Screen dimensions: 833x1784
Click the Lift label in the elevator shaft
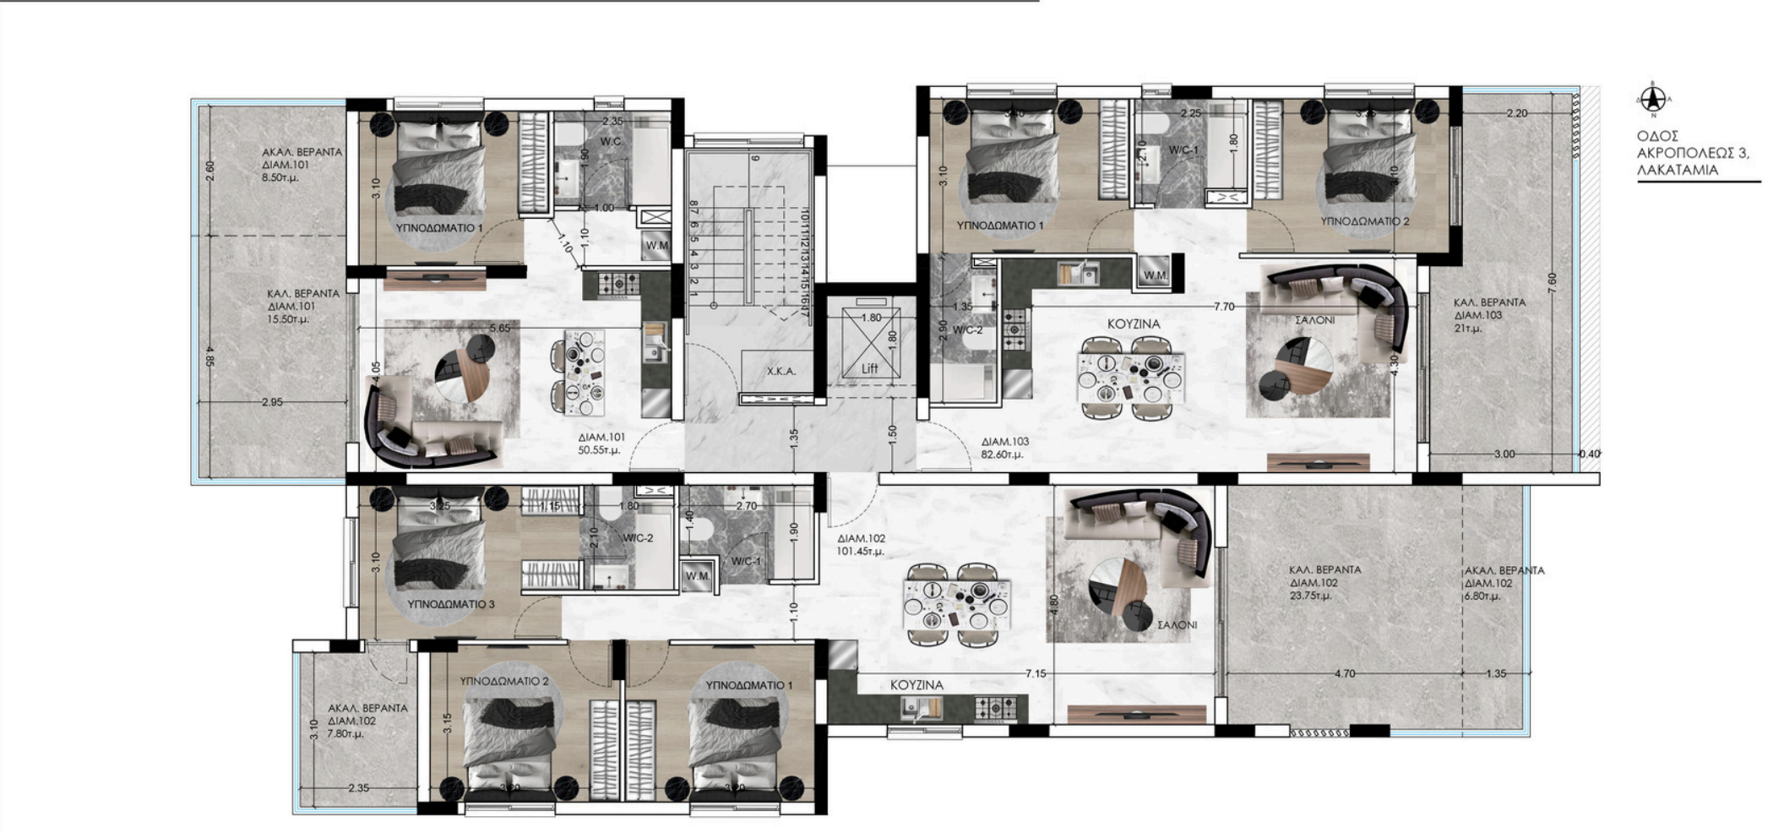[870, 368]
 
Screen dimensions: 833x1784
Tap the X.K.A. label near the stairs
[780, 371]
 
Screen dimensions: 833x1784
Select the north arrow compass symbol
[1653, 101]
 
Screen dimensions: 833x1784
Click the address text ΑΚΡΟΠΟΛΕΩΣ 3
[1692, 153]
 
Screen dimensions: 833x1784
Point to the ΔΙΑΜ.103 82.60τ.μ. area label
[1005, 448]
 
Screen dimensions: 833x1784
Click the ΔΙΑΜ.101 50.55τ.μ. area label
[601, 444]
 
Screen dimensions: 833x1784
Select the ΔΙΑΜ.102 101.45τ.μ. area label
[861, 545]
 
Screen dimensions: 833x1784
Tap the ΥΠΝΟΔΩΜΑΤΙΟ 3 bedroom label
[450, 604]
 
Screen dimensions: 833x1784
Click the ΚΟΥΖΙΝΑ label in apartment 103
[1134, 324]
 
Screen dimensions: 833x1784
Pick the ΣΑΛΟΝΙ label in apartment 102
[1177, 624]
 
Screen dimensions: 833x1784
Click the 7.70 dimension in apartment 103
[1224, 307]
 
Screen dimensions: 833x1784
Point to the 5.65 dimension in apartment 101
[500, 328]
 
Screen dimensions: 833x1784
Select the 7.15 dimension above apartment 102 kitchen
[1036, 673]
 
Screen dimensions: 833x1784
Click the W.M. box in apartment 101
[657, 246]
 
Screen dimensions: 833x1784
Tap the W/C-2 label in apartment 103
[967, 329]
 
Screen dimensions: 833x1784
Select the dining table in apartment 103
[1130, 377]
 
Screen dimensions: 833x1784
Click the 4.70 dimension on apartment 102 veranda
[1344, 673]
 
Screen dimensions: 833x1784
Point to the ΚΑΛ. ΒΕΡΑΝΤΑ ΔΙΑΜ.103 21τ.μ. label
[1489, 315]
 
